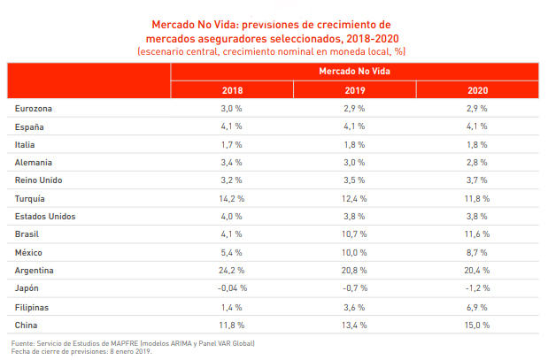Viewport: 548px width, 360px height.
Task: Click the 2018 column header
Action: click(x=232, y=90)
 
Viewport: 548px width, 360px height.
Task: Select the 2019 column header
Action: click(x=355, y=90)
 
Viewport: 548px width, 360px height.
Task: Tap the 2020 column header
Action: click(x=477, y=90)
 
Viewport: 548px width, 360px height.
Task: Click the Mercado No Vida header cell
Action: click(x=354, y=71)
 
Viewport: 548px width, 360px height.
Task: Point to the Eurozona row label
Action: click(x=34, y=109)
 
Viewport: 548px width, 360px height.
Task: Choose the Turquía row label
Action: click(x=31, y=198)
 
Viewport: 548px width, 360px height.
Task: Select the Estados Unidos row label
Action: click(x=45, y=217)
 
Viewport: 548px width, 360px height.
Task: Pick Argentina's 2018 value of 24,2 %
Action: click(x=232, y=270)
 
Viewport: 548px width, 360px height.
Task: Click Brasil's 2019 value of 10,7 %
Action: click(x=355, y=234)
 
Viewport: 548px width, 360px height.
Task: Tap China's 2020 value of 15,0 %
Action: click(x=477, y=325)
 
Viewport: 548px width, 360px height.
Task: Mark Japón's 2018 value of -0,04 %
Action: click(x=232, y=288)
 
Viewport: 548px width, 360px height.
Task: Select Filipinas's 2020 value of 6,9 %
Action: click(x=477, y=306)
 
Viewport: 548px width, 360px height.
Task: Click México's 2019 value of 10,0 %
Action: click(x=355, y=252)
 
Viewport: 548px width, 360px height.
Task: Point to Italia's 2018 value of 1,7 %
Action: click(x=232, y=144)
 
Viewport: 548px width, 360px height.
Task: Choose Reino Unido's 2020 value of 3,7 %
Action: click(x=477, y=180)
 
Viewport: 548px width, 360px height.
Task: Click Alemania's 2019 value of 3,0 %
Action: click(x=355, y=163)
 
